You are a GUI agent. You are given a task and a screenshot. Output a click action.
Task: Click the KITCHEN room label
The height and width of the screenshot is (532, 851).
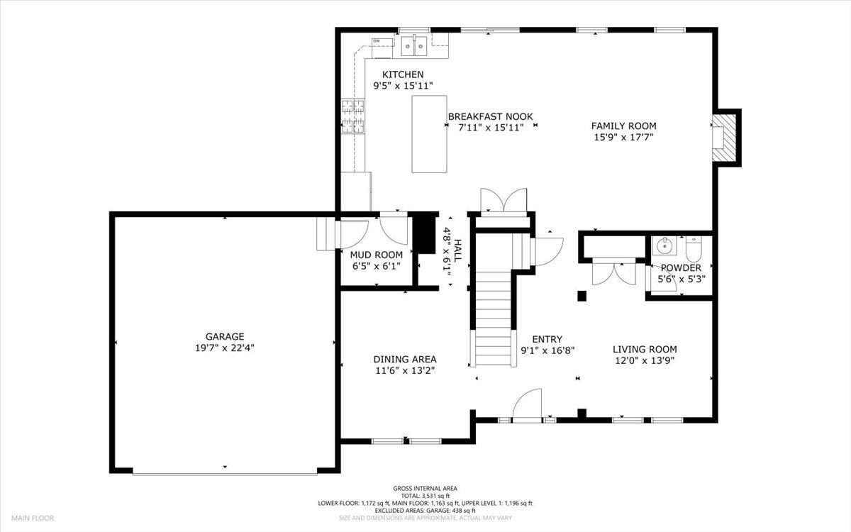tap(403, 74)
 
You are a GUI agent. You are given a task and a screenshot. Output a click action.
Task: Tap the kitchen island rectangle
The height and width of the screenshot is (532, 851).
tap(429, 134)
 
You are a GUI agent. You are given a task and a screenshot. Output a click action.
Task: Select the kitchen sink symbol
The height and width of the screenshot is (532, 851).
tap(413, 47)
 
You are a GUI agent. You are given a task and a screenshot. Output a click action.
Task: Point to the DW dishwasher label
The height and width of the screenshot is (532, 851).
tap(377, 41)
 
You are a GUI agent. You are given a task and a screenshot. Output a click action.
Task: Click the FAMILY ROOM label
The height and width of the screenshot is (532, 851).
tap(623, 126)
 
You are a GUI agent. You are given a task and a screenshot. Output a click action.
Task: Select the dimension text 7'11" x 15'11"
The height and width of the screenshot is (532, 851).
tap(490, 128)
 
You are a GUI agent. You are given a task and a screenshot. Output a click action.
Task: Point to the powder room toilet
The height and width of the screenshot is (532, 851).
tap(693, 248)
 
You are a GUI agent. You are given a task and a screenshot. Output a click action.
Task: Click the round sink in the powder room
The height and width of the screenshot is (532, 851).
tap(665, 247)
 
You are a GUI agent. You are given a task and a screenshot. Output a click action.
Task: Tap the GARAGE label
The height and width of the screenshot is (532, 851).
tap(225, 336)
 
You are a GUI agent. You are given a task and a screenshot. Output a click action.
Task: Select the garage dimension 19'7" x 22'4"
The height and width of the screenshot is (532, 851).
tap(225, 348)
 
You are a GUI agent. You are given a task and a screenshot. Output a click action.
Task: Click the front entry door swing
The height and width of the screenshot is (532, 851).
tap(526, 406)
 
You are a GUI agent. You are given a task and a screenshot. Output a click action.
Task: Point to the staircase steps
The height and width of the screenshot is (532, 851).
tap(494, 319)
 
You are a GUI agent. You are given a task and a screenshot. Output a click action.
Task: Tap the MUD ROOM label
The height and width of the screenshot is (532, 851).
tap(376, 255)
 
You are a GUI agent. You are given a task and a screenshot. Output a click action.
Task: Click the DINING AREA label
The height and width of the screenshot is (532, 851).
tap(405, 359)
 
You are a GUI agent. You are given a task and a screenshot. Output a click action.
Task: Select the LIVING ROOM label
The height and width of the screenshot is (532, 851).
tap(645, 349)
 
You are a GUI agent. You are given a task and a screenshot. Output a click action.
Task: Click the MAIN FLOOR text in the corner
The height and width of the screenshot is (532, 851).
tap(31, 519)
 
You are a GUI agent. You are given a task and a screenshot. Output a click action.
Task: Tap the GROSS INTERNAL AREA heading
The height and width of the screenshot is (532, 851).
tap(425, 488)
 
